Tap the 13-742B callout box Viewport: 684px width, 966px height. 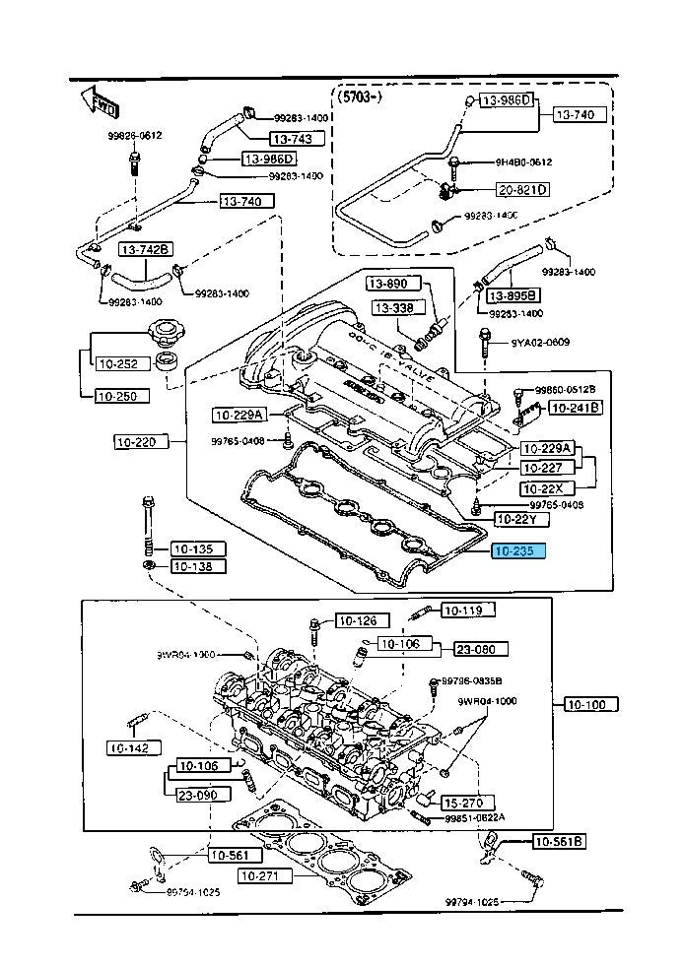146,249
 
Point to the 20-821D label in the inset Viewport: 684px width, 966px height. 521,189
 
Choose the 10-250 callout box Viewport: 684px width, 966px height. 122,396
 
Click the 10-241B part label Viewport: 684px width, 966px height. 575,406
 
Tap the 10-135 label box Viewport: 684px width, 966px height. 196,548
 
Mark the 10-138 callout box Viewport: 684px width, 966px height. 196,566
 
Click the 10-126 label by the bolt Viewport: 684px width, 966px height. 357,620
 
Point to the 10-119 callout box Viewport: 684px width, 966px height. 462,611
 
